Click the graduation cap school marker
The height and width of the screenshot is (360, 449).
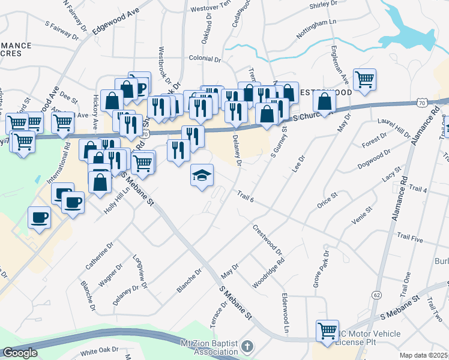coord(202,175)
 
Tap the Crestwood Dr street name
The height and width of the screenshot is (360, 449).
coord(268,238)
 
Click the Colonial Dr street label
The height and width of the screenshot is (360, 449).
coord(205,59)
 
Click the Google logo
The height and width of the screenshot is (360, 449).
coord(20,353)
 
